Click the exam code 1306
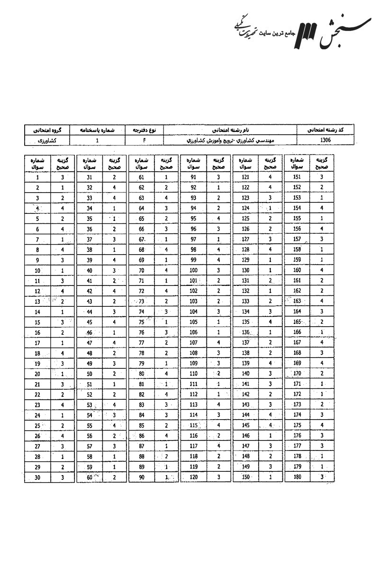tap(325, 141)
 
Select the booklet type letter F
tap(144, 141)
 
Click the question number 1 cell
tap(37, 178)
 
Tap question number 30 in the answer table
tap(37, 478)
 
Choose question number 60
tap(89, 478)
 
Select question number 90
tap(141, 478)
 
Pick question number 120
tap(193, 478)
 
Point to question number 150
tap(245, 478)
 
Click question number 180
tap(298, 478)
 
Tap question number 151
tap(298, 178)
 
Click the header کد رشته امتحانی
tap(325, 129)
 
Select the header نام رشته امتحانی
tap(230, 129)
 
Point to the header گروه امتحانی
tap(46, 129)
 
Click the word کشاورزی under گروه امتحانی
tap(46, 141)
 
